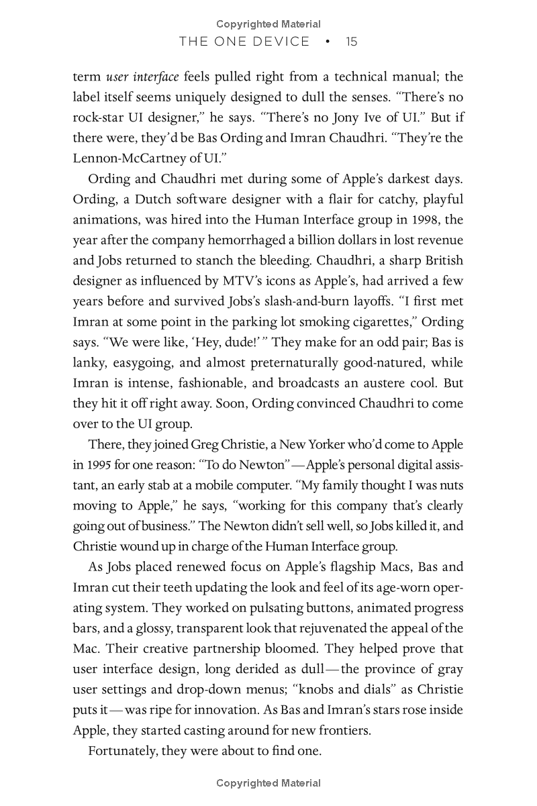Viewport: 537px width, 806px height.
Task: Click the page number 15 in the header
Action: click(x=352, y=42)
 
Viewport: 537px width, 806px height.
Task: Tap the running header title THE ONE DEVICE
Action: click(x=244, y=42)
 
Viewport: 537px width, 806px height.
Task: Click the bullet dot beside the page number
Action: click(x=328, y=42)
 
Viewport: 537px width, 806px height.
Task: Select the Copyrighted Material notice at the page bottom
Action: click(x=268, y=783)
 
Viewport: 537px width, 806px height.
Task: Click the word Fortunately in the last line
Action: click(x=122, y=751)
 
